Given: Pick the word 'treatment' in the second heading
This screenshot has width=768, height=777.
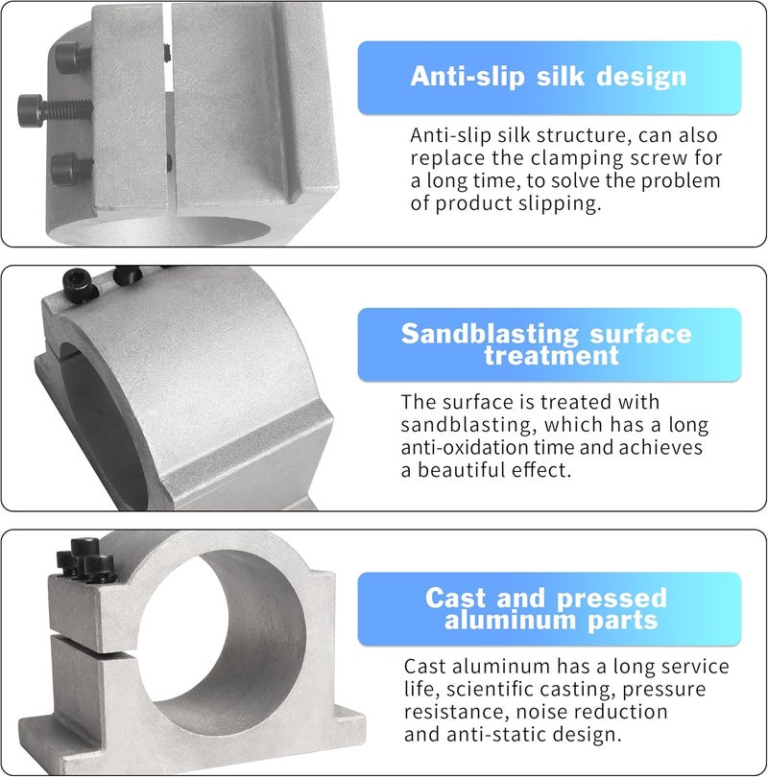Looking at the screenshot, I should pos(551,356).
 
